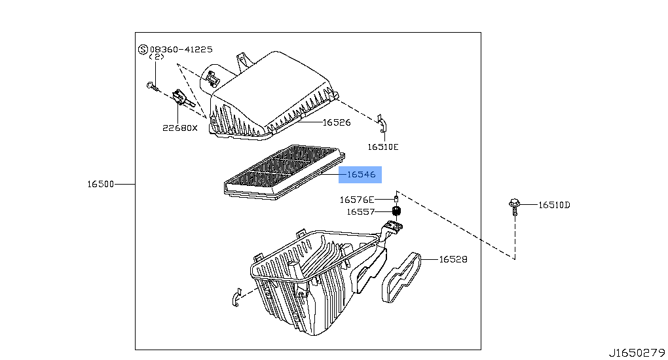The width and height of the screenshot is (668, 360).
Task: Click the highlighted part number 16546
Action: coord(362,174)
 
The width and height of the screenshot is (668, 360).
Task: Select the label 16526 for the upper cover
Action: coord(337,122)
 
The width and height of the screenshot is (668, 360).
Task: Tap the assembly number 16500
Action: coord(101,184)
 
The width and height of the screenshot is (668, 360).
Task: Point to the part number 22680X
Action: coord(180,128)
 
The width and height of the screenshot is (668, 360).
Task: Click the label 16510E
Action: coord(383,147)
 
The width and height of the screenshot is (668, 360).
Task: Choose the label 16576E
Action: coord(356,200)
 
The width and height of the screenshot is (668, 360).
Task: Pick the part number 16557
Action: coord(360,211)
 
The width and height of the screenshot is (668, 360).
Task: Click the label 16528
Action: coord(453,259)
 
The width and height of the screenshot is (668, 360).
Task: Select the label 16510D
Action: coord(554,205)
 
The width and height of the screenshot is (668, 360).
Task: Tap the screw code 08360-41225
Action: coord(181,49)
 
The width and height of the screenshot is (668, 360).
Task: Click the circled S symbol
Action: coord(143,50)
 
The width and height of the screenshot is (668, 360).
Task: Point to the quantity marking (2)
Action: coord(157,57)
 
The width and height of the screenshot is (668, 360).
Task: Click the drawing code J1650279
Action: coord(637,353)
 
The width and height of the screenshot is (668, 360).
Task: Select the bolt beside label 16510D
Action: coord(514,207)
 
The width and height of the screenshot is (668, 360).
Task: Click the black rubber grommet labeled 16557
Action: coord(397,211)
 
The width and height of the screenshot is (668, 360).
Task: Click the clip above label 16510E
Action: coord(382,124)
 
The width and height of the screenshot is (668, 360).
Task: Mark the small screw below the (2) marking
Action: coord(152,87)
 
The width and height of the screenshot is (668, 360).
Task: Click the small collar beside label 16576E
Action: coord(396,198)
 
